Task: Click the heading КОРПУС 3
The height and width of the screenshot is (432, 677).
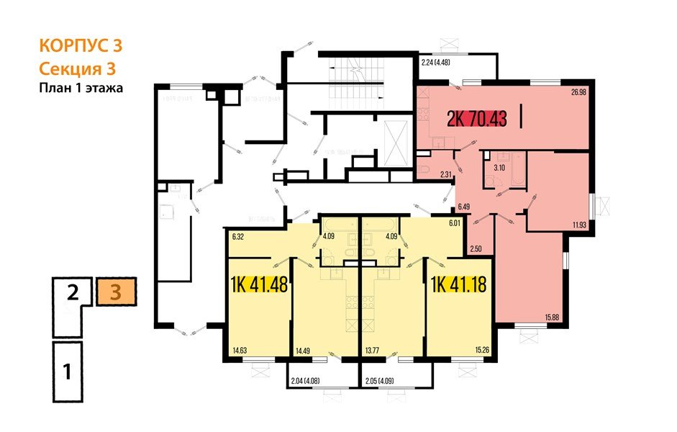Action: pyautogui.click(x=80, y=45)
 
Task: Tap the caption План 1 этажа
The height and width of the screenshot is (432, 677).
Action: pyautogui.click(x=81, y=89)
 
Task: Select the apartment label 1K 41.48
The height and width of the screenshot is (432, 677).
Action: pyautogui.click(x=259, y=285)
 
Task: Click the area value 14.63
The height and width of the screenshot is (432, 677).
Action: pyautogui.click(x=240, y=351)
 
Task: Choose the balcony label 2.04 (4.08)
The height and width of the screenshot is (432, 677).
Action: pyautogui.click(x=309, y=379)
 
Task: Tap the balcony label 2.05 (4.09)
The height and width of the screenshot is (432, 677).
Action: pyautogui.click(x=384, y=379)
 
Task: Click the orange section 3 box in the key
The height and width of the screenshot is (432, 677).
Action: pyautogui.click(x=115, y=293)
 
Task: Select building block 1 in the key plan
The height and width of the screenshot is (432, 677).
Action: pyautogui.click(x=67, y=372)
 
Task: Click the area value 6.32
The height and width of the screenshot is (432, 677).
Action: pyautogui.click(x=238, y=235)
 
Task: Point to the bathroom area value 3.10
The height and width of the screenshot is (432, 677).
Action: pyautogui.click(x=499, y=168)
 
